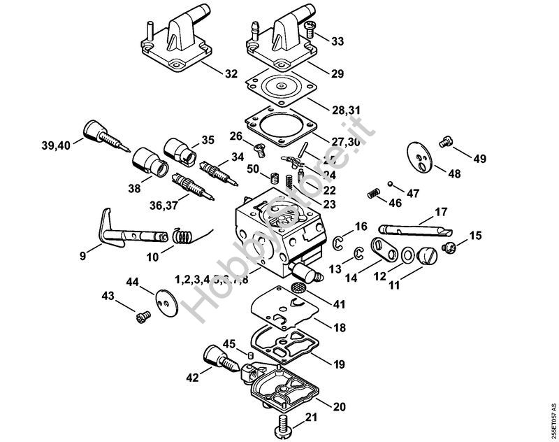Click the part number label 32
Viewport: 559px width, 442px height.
pyautogui.click(x=231, y=73)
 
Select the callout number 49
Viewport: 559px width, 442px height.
pyautogui.click(x=479, y=159)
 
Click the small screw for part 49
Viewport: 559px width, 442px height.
pyautogui.click(x=443, y=143)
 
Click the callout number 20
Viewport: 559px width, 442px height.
pyautogui.click(x=340, y=406)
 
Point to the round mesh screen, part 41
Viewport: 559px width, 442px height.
pyautogui.click(x=298, y=287)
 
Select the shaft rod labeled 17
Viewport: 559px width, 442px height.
pyautogui.click(x=409, y=228)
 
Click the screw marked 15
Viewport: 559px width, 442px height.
pyautogui.click(x=450, y=246)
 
